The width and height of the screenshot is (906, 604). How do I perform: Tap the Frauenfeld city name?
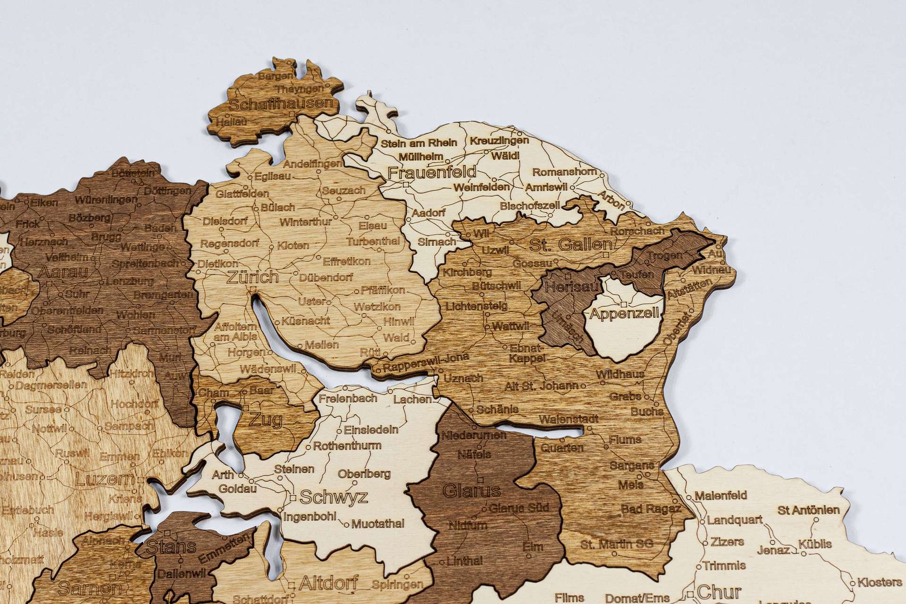[x=432, y=172]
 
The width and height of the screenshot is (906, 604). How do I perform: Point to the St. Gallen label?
[x=570, y=245]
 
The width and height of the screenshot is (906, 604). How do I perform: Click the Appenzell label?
[x=624, y=314]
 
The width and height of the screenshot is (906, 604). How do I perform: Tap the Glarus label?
[x=471, y=491]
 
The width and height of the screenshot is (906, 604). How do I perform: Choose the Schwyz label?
[x=334, y=497]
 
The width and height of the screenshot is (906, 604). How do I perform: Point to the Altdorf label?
[x=328, y=583]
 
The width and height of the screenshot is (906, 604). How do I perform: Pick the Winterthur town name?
[x=306, y=222]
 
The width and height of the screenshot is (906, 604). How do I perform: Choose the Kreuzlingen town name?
[x=499, y=141]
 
